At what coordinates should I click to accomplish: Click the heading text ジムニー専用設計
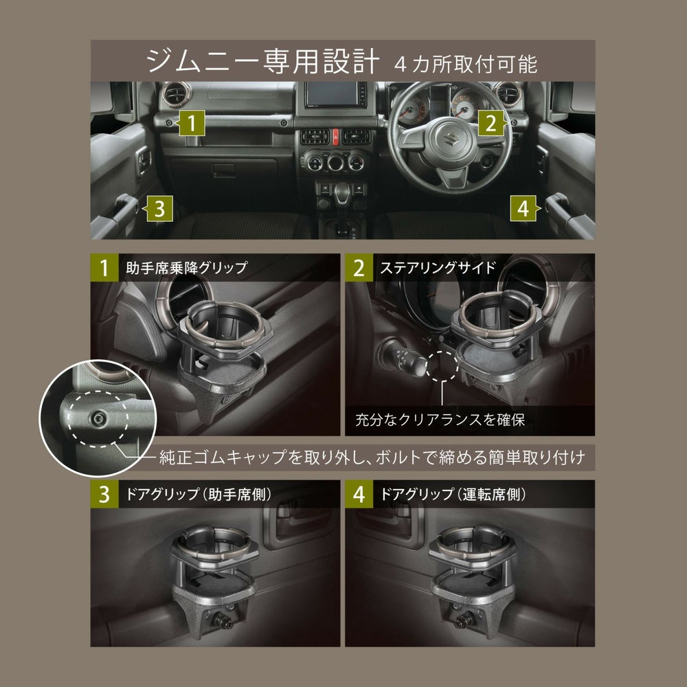[262, 62]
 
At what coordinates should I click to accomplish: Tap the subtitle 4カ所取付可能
[466, 65]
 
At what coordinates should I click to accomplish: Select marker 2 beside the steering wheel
[490, 124]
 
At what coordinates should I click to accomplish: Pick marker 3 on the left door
[158, 209]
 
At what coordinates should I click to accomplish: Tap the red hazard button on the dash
[337, 135]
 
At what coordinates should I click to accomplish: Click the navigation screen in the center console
[336, 100]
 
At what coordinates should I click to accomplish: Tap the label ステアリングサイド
[438, 268]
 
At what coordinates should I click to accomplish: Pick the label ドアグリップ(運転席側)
[452, 494]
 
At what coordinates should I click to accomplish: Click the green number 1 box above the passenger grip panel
[104, 268]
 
